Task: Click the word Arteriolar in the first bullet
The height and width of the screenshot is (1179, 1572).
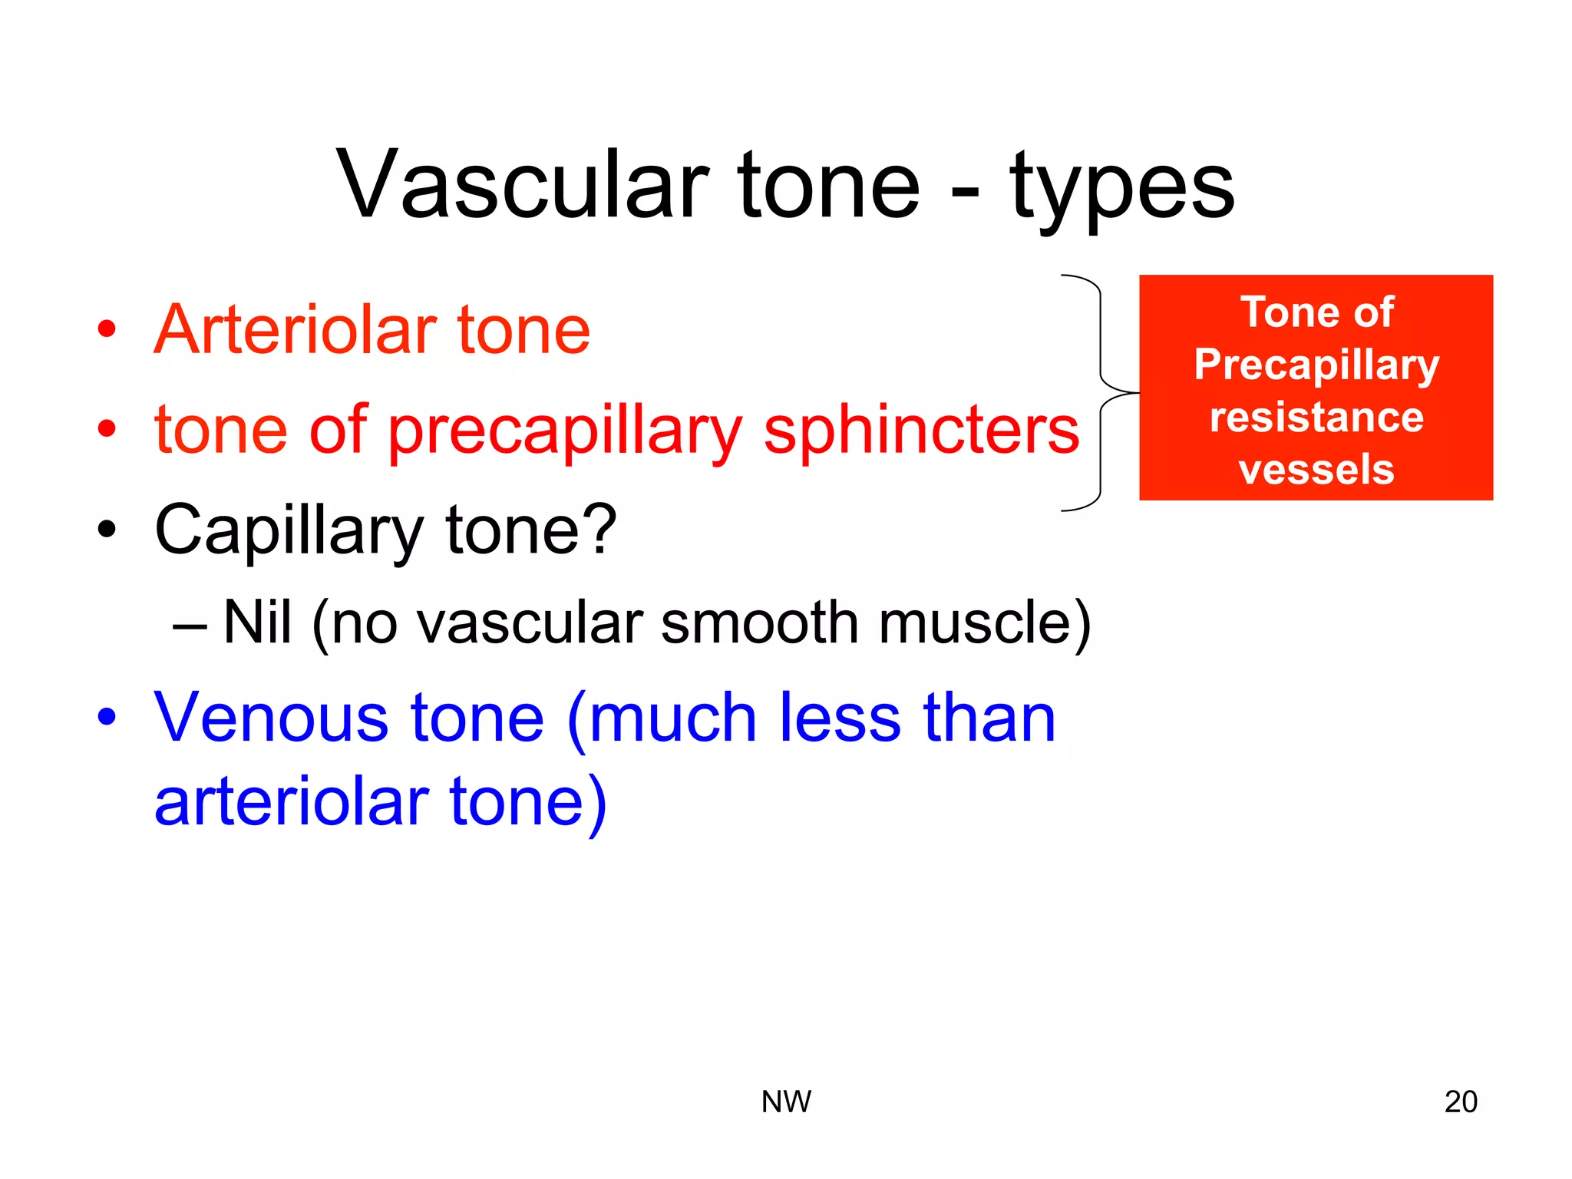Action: tap(294, 330)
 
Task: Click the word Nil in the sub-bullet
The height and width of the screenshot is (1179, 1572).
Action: tap(257, 622)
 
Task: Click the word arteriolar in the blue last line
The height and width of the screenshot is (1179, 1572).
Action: tap(292, 802)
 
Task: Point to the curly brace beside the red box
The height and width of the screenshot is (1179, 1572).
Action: tap(1101, 392)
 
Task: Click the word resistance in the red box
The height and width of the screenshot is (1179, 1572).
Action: tap(1316, 418)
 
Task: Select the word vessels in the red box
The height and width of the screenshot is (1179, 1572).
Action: tap(1316, 469)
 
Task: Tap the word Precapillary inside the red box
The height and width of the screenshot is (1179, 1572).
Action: tap(1316, 365)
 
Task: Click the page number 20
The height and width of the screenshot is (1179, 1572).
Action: tap(1460, 1101)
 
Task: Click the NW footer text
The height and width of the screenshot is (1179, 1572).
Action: tap(786, 1101)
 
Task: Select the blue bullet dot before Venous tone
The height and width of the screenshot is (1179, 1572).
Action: tap(107, 718)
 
